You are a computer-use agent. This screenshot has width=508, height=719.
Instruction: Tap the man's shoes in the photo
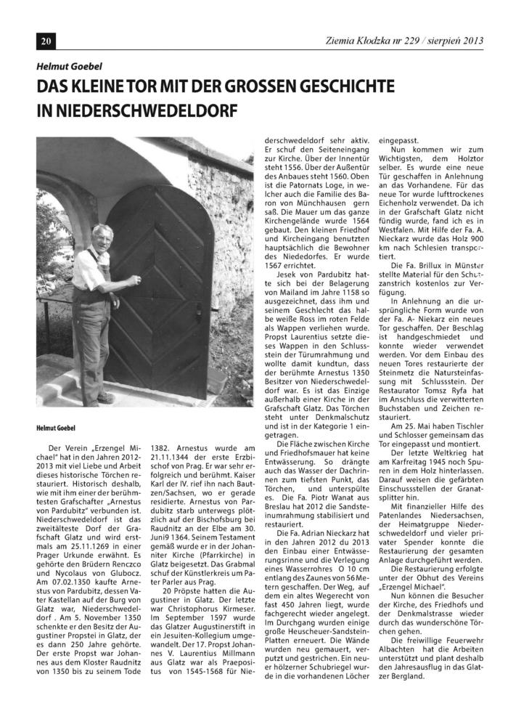click(x=105, y=397)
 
